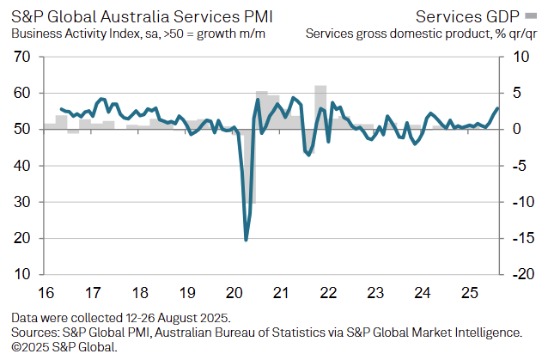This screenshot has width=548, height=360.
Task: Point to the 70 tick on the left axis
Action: pyautogui.click(x=22, y=57)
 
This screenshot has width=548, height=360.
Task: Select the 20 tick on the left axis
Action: pyautogui.click(x=22, y=239)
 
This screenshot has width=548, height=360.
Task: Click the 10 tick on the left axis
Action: pyautogui.click(x=22, y=275)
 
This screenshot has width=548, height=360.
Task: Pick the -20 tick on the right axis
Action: pyautogui.click(x=521, y=275)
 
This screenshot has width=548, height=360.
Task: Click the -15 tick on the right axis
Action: pyautogui.click(x=521, y=239)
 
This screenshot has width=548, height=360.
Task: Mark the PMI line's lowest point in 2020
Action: pyautogui.click(x=247, y=240)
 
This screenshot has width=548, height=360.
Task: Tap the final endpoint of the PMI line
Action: pyautogui.click(x=497, y=108)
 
